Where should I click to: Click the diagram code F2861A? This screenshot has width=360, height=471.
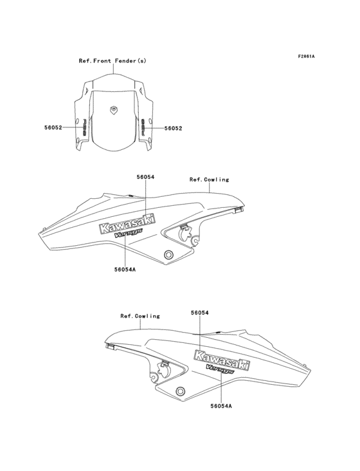306,56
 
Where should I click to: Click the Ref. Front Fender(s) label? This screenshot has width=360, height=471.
113,60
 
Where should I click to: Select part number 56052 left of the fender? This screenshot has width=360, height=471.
53,127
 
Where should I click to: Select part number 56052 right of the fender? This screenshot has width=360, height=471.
173,128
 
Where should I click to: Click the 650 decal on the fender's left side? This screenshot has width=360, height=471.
85,127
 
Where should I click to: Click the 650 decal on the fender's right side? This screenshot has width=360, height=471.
143,127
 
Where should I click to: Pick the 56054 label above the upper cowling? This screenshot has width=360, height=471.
145,177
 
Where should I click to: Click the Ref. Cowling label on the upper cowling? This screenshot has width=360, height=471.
209,180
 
